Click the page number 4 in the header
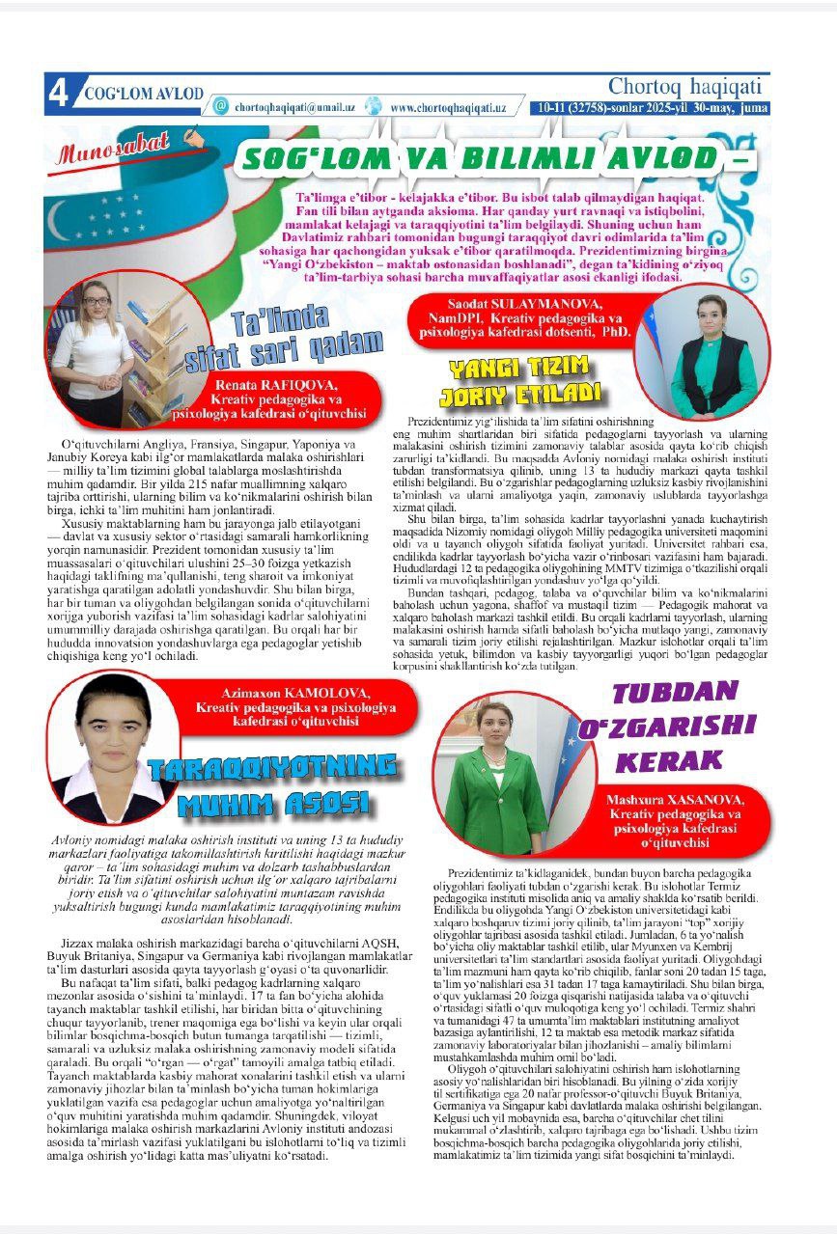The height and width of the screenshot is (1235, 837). pos(58,94)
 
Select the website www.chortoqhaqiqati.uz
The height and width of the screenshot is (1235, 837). pos(448,108)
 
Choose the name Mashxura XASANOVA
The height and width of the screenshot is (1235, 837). pos(674,800)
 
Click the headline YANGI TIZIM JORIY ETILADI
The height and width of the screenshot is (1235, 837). pos(521,382)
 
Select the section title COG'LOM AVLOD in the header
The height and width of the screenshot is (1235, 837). pos(143,94)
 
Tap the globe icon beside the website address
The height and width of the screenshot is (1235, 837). pos(374,107)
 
